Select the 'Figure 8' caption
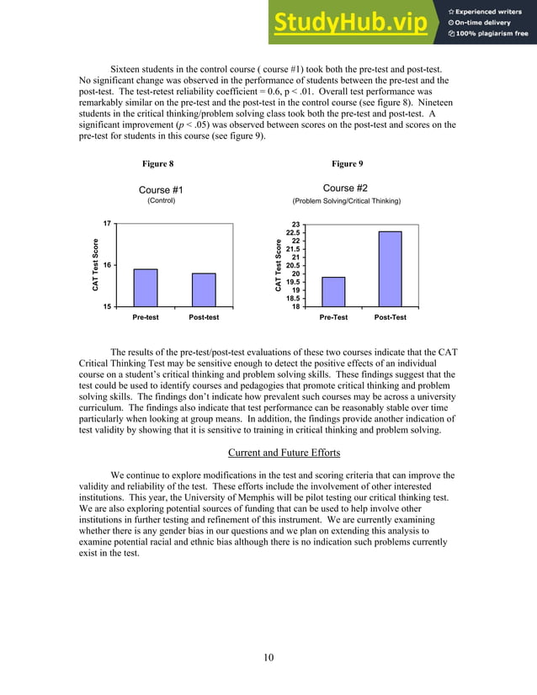coord(158,163)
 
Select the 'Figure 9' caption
coord(347,163)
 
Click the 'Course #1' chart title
coord(161,190)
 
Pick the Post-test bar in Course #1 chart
coord(204,289)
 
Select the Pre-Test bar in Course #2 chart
coord(333,291)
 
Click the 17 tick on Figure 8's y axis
coord(108,224)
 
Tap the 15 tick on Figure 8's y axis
coord(108,306)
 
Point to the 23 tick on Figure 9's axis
coord(295,225)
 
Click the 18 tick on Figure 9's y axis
coord(295,306)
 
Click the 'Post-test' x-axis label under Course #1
coord(204,317)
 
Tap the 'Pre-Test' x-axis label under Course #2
coord(334,317)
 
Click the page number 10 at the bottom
coord(268,657)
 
